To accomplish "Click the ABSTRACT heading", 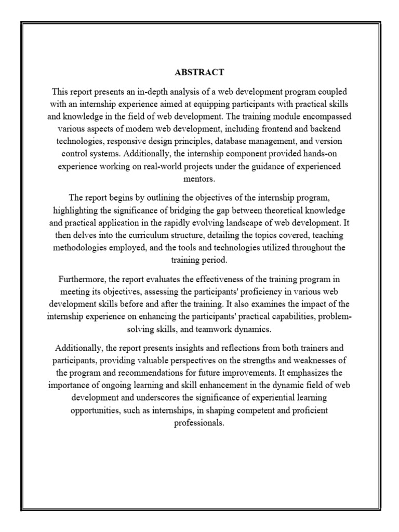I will coord(199,72).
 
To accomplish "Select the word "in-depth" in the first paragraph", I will coord(148,91).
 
